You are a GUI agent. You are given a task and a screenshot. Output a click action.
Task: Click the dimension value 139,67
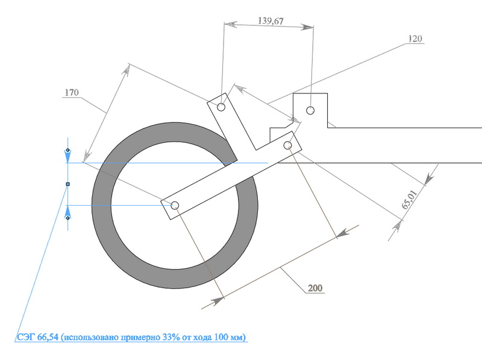click(271, 21)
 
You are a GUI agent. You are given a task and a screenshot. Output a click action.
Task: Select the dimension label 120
click(415, 39)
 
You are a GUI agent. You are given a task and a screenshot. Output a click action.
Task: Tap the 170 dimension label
click(72, 92)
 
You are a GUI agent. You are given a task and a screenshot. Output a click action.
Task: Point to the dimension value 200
click(315, 288)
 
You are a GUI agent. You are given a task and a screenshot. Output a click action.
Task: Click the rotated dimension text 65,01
click(410, 200)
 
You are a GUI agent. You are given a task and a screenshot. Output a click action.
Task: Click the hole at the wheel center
click(175, 205)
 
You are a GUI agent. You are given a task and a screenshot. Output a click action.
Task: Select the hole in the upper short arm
click(221, 107)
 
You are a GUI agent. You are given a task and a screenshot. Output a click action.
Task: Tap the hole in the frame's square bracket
click(310, 110)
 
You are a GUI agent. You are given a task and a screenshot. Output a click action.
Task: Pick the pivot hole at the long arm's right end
click(288, 145)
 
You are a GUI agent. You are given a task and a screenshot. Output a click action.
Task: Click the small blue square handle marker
click(68, 184)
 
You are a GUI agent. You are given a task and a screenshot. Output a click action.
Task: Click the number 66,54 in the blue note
click(48, 337)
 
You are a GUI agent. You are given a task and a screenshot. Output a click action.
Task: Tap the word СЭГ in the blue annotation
click(26, 337)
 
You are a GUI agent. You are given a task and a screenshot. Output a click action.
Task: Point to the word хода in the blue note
click(202, 337)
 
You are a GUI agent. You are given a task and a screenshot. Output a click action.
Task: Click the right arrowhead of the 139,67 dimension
click(307, 27)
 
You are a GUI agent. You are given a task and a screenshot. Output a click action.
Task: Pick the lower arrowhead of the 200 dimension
click(218, 301)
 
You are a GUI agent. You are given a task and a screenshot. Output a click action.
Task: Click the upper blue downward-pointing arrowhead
click(68, 156)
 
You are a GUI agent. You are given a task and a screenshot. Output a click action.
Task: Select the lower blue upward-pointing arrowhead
click(68, 213)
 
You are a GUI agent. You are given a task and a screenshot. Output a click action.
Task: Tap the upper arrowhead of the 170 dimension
click(126, 70)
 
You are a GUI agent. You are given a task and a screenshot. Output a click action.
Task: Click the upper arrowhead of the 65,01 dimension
click(430, 179)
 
